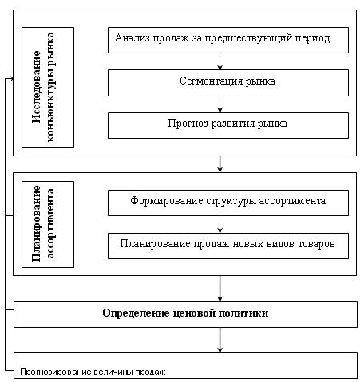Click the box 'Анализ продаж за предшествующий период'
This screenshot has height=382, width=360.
coord(228,40)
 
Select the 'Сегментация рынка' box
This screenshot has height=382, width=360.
coord(228,83)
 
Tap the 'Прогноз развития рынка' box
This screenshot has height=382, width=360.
coord(228,125)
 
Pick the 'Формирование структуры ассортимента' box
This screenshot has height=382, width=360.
coord(228,203)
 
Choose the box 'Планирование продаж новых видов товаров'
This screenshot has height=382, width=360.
coord(228,246)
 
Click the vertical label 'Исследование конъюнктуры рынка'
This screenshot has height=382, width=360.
coord(43,87)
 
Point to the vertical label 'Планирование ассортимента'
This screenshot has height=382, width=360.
coord(43,223)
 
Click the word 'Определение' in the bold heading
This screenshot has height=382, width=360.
coord(136,313)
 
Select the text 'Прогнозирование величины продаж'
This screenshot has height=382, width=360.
coord(93,372)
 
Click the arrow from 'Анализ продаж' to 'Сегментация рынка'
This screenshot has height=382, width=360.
coord(220,61)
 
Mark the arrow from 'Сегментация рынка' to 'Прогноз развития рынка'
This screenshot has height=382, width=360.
coord(220,104)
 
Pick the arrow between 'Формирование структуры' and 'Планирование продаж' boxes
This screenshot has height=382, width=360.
coord(220,225)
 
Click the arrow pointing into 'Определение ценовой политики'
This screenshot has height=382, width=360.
coord(220,289)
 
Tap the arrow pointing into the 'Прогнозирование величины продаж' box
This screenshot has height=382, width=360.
coord(220,340)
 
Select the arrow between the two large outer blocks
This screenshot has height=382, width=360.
coord(220,164)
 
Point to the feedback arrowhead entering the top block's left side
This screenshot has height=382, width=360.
coord(11,78)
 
